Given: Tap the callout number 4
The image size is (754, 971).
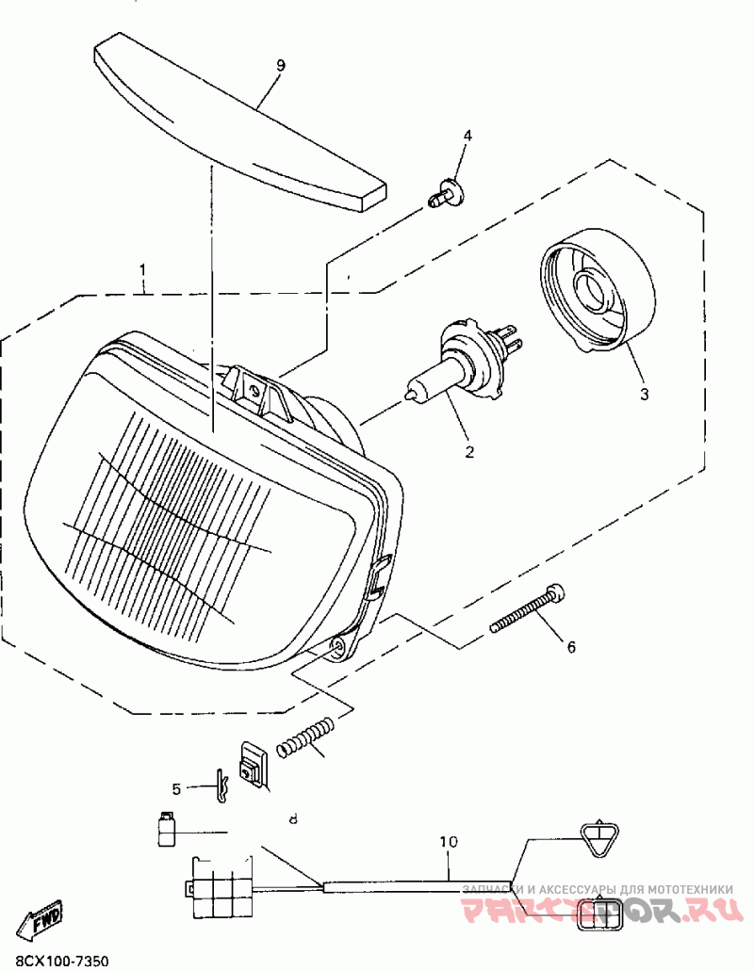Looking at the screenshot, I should tap(467, 136).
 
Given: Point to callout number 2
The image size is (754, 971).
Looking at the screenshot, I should tap(468, 451).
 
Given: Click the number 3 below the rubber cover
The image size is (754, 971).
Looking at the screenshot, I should tap(645, 394).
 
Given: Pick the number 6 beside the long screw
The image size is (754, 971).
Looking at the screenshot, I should tap(570, 647).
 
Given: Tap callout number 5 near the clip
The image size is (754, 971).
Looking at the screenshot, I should tap(175, 787).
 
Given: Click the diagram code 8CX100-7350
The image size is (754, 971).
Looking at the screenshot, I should tap(56, 961).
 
